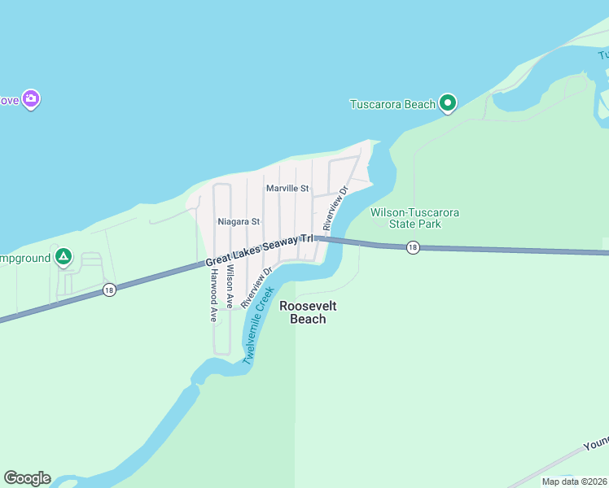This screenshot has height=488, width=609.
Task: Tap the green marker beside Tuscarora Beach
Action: [447, 103]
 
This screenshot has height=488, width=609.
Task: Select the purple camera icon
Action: [31, 99]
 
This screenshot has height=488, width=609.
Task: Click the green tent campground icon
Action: [64, 258]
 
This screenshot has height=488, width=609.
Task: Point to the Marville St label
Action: [287, 189]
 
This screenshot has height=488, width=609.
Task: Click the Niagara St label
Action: [239, 221]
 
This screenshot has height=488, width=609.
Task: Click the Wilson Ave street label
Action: [231, 286]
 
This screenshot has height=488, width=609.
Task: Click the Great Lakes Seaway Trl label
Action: [259, 249]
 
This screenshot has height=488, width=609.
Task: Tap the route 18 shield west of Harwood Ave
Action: [108, 289]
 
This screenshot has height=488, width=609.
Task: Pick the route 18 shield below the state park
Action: [413, 247]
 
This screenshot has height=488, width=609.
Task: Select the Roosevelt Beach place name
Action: [308, 312]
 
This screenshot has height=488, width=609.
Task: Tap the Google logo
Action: [27, 478]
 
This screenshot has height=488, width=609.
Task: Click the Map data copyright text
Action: [574, 481]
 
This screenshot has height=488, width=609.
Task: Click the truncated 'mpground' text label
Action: [24, 258]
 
